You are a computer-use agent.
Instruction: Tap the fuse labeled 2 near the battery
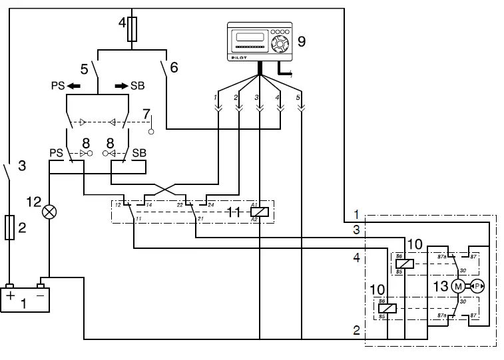click(9, 227)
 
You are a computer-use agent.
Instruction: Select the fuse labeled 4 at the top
click(132, 30)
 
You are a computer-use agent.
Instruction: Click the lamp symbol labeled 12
click(49, 212)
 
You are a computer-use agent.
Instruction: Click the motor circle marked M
click(457, 286)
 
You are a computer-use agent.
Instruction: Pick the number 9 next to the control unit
click(302, 42)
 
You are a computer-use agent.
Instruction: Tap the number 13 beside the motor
click(439, 286)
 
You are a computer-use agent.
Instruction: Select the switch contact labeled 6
click(164, 68)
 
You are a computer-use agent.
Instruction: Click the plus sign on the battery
click(11, 295)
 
